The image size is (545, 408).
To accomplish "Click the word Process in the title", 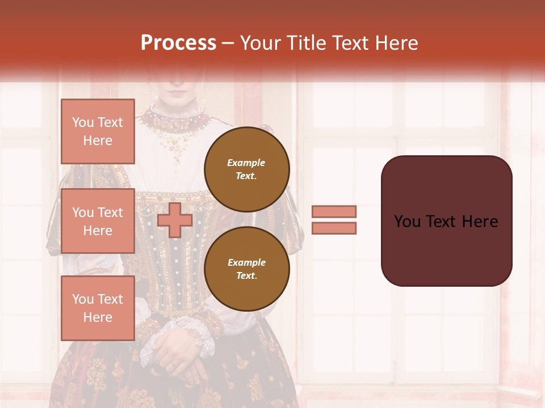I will pyautogui.click(x=178, y=43).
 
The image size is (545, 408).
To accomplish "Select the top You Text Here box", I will pyautogui.click(x=98, y=131).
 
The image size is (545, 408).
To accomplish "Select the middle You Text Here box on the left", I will pyautogui.click(x=98, y=221).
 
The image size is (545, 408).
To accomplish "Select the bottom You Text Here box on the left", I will pyautogui.click(x=98, y=308).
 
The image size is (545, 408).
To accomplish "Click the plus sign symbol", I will pyautogui.click(x=175, y=220).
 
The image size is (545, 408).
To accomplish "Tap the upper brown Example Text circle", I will pyautogui.click(x=246, y=169).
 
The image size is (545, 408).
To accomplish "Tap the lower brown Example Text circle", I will pyautogui.click(x=246, y=269).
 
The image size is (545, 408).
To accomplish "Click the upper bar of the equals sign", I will pyautogui.click(x=334, y=211).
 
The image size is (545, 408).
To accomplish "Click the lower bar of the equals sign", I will pyautogui.click(x=334, y=228).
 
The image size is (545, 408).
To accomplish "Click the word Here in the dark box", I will pyautogui.click(x=480, y=222).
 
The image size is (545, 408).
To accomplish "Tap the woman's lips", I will pyautogui.click(x=178, y=92).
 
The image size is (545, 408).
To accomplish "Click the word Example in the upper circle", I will pyautogui.click(x=246, y=163).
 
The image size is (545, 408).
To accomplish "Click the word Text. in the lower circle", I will pyautogui.click(x=246, y=275).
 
